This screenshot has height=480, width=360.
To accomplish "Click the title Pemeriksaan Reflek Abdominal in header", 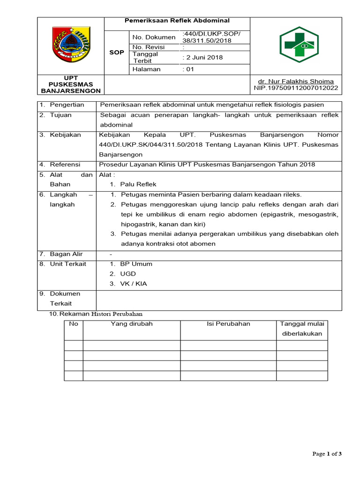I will click(177, 21).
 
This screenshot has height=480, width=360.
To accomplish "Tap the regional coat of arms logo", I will click(70, 45).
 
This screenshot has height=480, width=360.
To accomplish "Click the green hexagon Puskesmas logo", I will click(299, 45).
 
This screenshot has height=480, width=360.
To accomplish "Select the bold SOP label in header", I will click(117, 52).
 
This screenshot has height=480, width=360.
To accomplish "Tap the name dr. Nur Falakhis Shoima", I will click(299, 81).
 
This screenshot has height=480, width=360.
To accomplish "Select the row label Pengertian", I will click(67, 105).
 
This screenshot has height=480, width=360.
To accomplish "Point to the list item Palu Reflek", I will click(138, 184).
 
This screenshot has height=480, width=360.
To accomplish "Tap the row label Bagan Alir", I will click(67, 254).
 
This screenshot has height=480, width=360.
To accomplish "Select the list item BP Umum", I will click(136, 264).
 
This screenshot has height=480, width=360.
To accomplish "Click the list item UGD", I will click(128, 274).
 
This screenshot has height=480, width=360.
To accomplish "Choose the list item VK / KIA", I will click(134, 284).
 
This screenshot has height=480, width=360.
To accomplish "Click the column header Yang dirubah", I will click(132, 323).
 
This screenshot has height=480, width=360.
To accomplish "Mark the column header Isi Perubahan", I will click(228, 323).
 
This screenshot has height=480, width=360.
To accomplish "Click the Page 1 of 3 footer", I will click(327, 453).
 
